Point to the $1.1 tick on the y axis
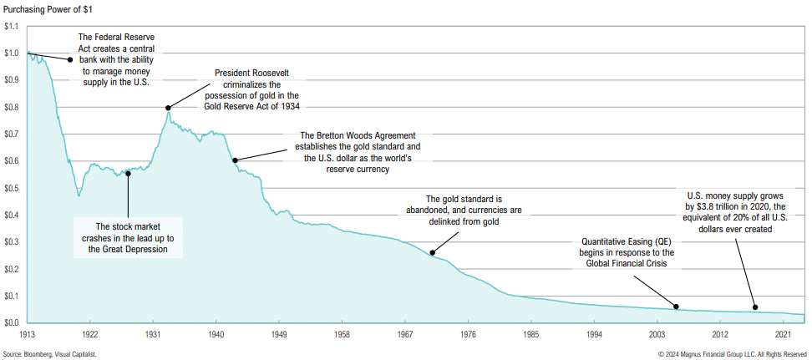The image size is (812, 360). tap(11, 27)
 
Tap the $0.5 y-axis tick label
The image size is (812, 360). tap(11, 188)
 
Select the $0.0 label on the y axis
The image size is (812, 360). tap(11, 322)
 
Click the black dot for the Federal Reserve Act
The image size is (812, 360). tap(70, 59)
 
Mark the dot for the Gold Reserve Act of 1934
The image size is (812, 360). tap(168, 108)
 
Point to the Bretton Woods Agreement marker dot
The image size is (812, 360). tap(236, 160)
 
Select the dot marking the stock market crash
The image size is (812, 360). tap(128, 174)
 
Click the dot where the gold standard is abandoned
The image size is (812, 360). tap(432, 253)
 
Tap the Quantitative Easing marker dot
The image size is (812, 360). tap(676, 307)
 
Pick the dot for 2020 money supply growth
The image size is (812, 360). tap(754, 307)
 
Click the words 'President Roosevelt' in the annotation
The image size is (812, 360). tap(251, 73)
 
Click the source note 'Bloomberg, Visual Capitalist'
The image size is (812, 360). tap(61, 354)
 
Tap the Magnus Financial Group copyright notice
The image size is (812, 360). tap(732, 354)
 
